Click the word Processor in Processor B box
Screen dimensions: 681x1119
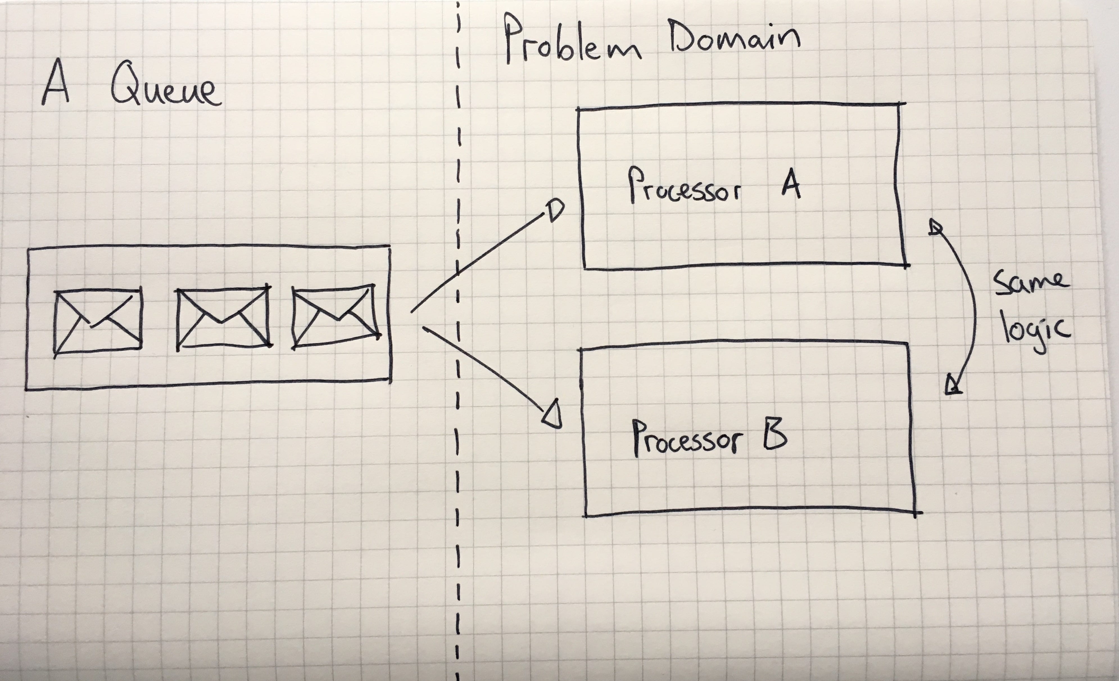687,438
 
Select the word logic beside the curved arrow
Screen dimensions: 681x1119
1036,331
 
